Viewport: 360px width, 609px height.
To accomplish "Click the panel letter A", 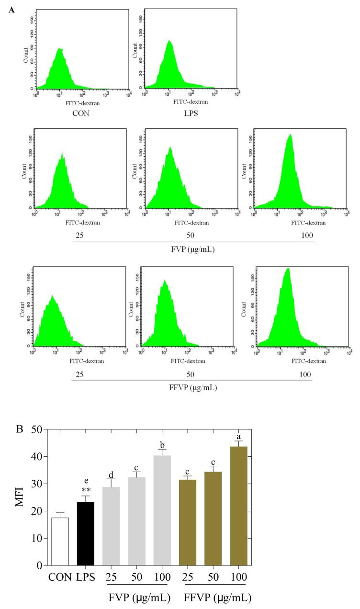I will pos(11,10).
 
